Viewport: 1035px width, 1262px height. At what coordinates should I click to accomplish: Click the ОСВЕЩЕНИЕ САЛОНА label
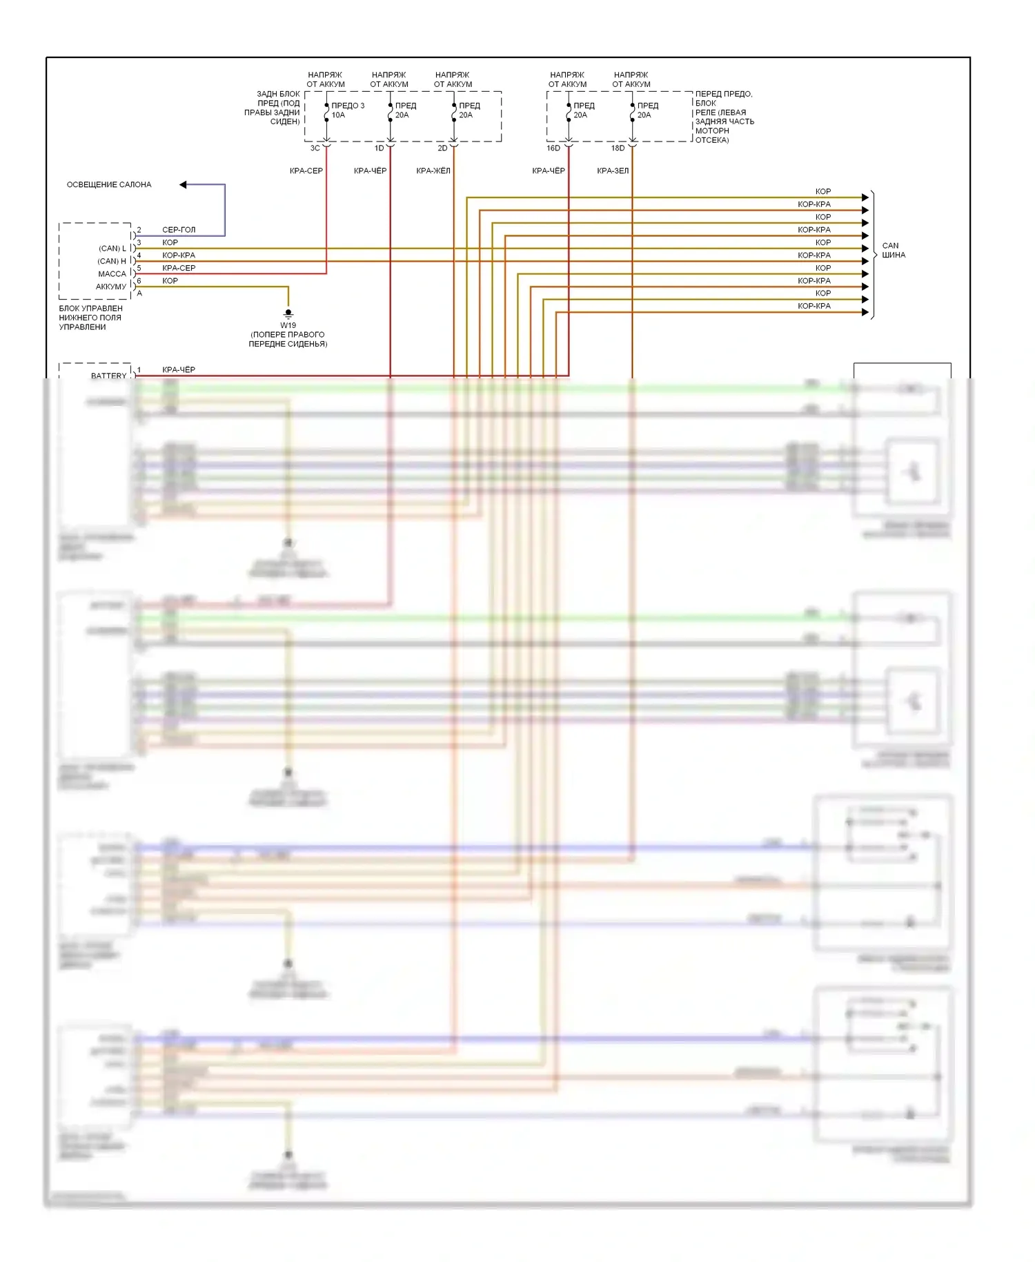(109, 185)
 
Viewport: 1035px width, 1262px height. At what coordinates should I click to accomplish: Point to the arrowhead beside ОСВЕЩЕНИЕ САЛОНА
(183, 184)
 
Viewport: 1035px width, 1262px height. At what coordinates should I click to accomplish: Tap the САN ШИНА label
(893, 250)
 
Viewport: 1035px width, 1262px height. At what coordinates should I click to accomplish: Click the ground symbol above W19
(288, 313)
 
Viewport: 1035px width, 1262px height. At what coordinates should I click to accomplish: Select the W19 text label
(288, 325)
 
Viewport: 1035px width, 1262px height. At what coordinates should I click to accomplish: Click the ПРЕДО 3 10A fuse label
(347, 110)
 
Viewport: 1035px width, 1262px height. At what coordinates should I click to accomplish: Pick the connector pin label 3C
(315, 148)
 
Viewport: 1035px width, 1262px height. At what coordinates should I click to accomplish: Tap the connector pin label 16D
(553, 148)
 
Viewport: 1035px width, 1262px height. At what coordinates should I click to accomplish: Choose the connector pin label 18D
(618, 148)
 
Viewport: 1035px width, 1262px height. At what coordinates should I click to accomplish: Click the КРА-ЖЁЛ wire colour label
(433, 171)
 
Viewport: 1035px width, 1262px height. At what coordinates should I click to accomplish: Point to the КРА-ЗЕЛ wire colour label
(613, 171)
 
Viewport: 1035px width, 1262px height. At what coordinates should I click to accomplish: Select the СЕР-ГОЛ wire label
(179, 230)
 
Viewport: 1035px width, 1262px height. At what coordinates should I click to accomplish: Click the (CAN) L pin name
(112, 249)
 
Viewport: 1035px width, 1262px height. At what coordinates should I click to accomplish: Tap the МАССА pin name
(112, 274)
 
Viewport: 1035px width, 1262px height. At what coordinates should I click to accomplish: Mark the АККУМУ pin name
(111, 287)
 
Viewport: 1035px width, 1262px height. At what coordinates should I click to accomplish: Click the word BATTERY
(109, 376)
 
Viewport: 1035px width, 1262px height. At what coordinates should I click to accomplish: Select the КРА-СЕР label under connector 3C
(306, 171)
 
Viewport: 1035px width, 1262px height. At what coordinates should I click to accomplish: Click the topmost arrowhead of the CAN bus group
(865, 197)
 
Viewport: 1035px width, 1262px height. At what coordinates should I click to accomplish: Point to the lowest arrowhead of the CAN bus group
(865, 312)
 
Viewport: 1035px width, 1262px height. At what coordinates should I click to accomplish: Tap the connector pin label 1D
(379, 148)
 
